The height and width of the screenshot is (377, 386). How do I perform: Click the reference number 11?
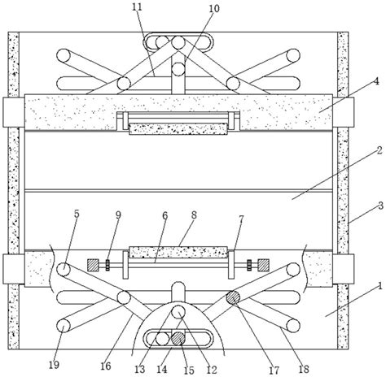[137, 6]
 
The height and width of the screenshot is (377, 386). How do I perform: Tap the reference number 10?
[214, 8]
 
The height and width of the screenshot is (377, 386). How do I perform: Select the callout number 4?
[375, 81]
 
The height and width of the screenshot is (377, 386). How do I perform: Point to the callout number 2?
[379, 149]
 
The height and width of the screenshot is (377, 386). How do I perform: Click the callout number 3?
[380, 206]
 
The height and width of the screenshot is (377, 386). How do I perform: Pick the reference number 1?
[380, 286]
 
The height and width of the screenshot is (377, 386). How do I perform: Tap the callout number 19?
[54, 365]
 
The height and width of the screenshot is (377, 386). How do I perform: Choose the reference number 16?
[106, 366]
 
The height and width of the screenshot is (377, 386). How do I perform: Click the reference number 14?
[162, 369]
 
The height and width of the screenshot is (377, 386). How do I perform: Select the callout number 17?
[274, 370]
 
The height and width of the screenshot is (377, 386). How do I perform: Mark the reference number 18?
[304, 369]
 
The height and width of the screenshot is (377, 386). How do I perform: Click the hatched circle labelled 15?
[178, 339]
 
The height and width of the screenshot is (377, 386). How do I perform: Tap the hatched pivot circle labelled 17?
[233, 297]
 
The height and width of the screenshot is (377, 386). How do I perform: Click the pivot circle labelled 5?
[64, 270]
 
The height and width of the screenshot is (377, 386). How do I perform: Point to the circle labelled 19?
[64, 326]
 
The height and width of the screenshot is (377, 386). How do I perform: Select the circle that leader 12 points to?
[178, 311]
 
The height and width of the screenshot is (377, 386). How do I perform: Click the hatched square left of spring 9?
[93, 265]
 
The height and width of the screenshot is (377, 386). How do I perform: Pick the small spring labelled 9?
[107, 265]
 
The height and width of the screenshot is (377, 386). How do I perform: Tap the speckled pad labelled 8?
[178, 252]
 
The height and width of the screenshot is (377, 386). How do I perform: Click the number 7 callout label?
[241, 219]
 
